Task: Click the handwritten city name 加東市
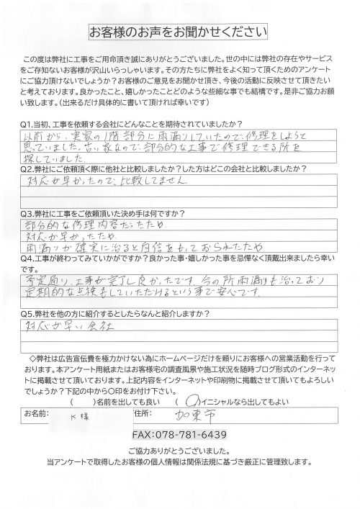[x=256, y=415]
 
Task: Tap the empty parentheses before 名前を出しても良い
[x=83, y=400]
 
